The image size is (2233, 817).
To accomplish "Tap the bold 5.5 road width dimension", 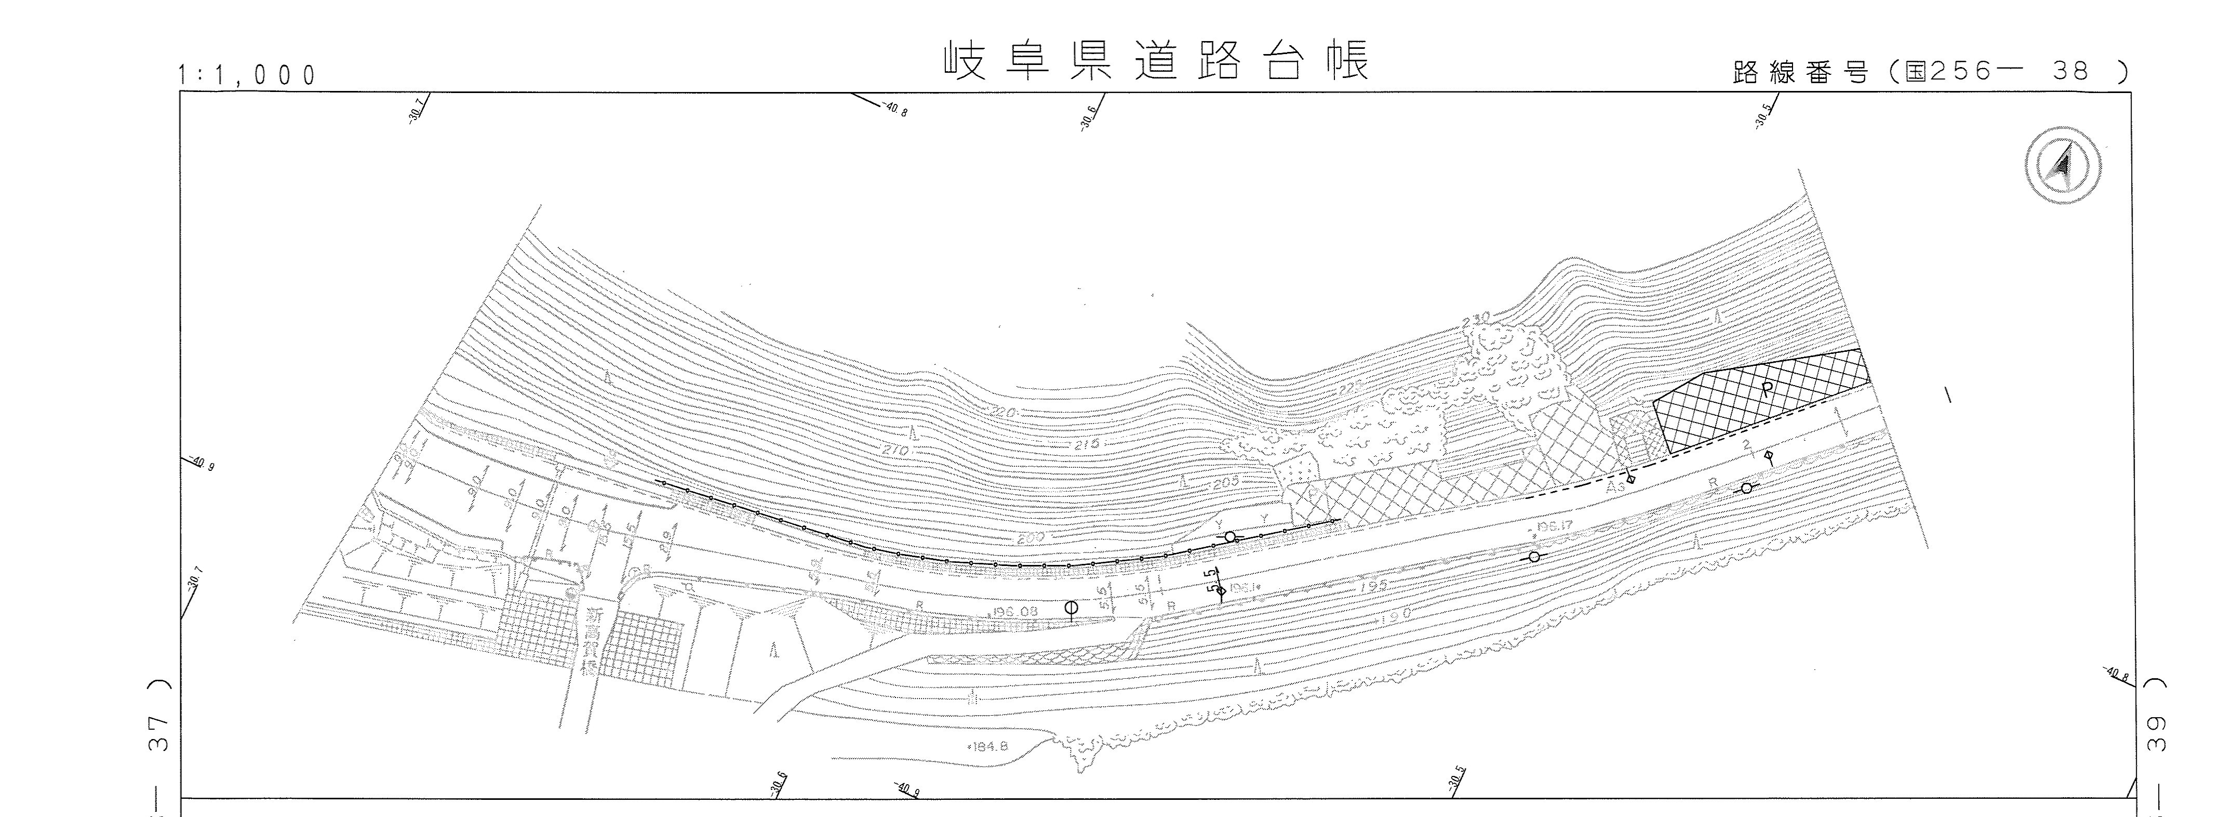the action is tap(1213, 579).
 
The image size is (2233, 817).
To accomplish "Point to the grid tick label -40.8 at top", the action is tap(894, 109).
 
